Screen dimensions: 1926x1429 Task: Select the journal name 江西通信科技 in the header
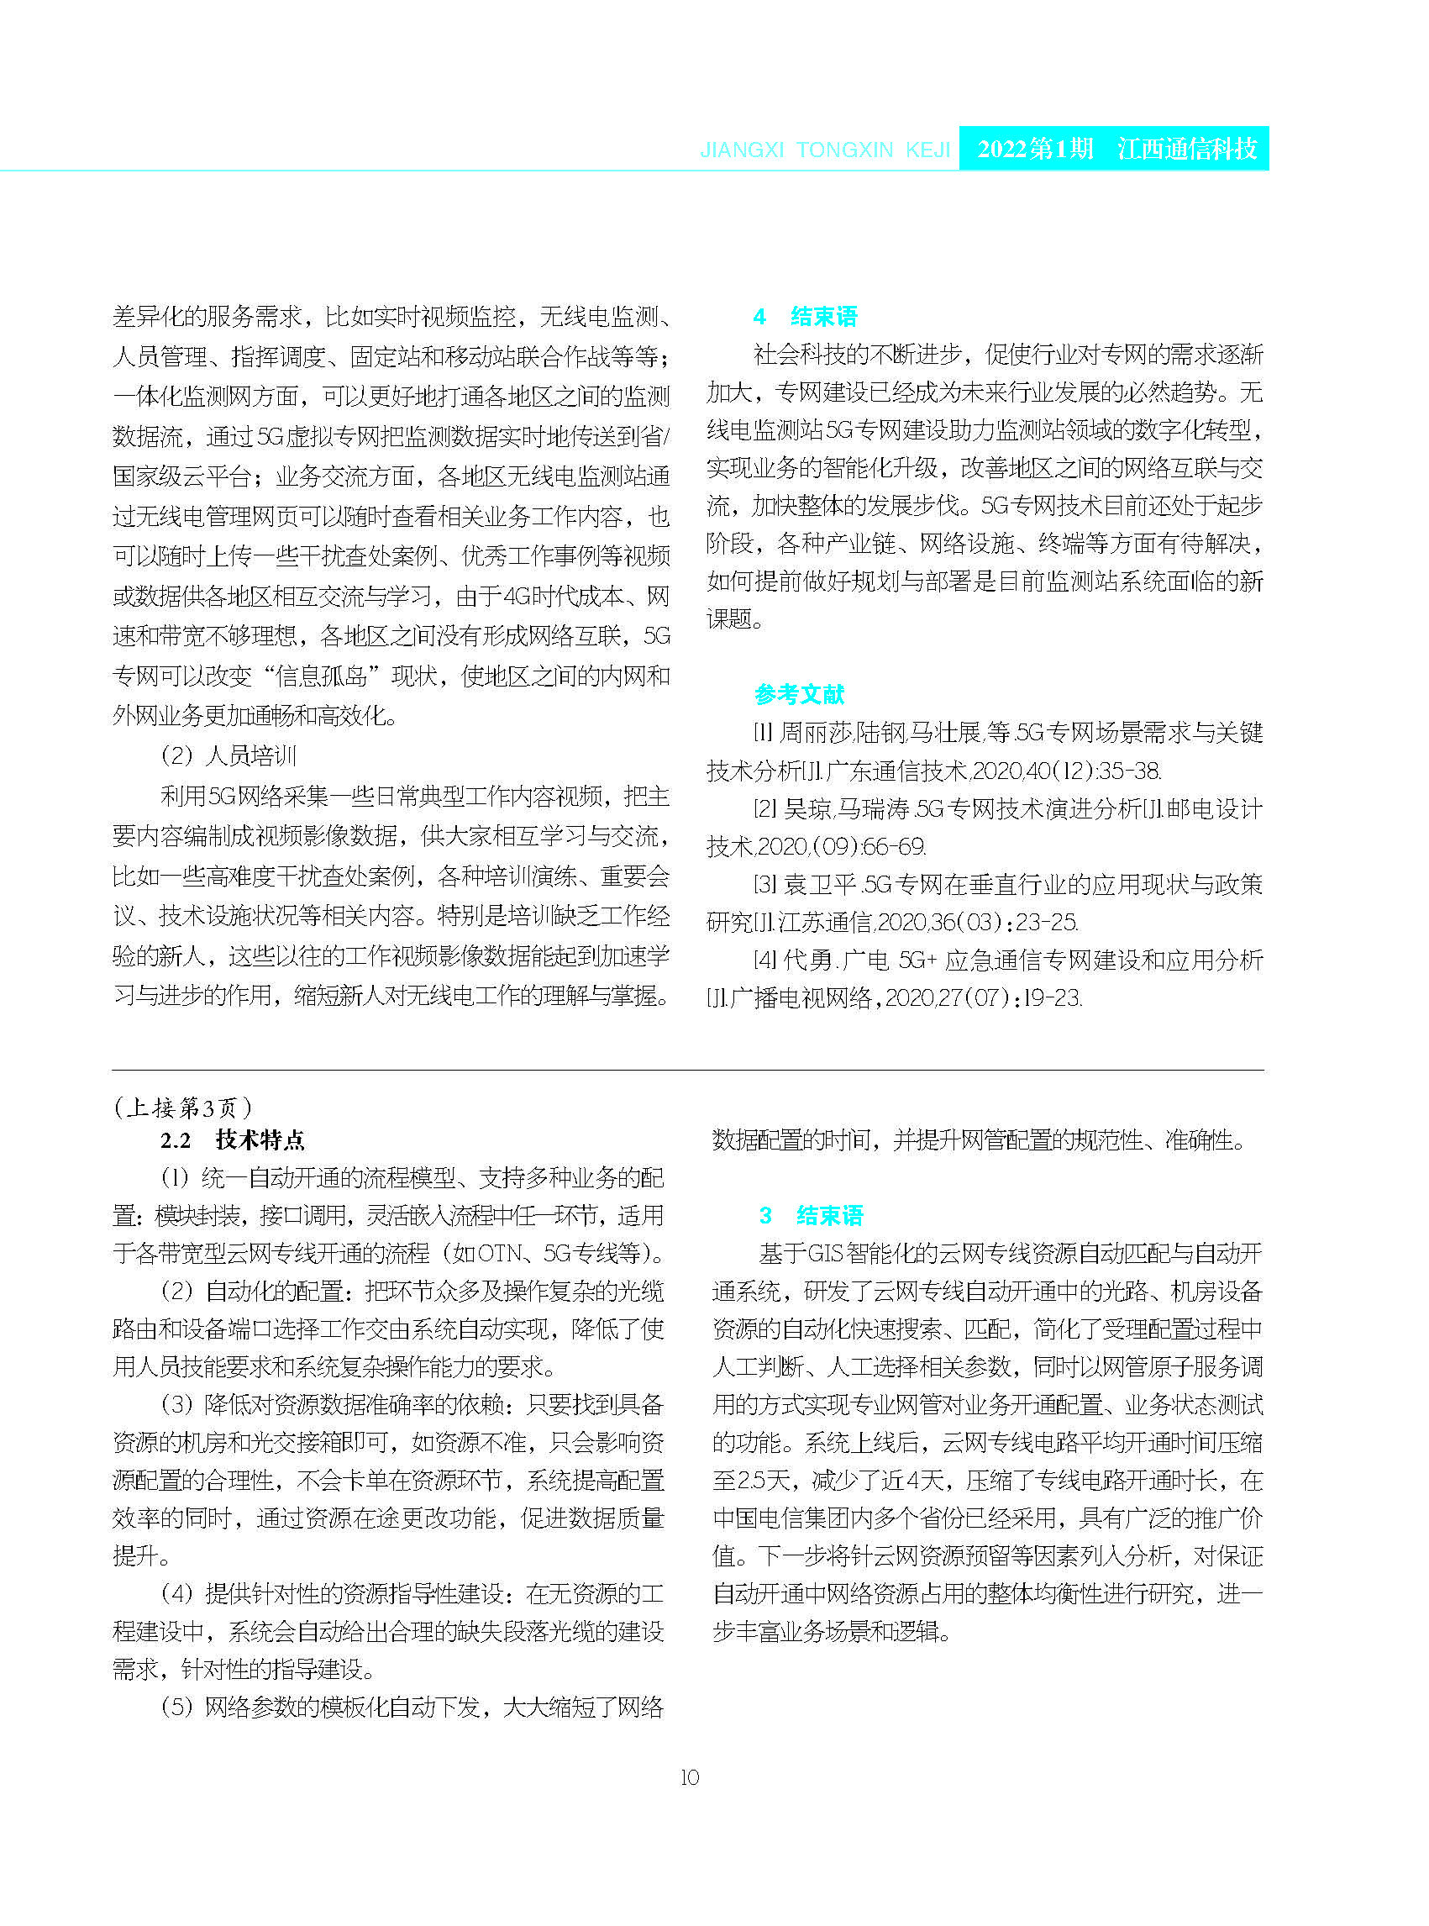pyautogui.click(x=1187, y=149)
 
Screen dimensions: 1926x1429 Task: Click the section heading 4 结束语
pyautogui.click(x=806, y=317)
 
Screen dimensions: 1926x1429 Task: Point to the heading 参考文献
pyautogui.click(x=799, y=694)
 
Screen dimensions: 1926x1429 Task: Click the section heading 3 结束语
pyautogui.click(x=812, y=1216)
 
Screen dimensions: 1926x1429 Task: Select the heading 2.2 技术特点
pyautogui.click(x=233, y=1139)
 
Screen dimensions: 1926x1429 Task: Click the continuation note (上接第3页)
pyautogui.click(x=182, y=1107)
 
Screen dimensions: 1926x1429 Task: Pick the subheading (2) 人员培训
pyautogui.click(x=229, y=755)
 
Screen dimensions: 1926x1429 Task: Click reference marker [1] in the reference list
pyautogui.click(x=762, y=733)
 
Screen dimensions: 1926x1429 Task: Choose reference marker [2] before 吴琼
pyautogui.click(x=764, y=809)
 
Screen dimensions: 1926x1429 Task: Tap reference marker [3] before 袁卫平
pyautogui.click(x=764, y=884)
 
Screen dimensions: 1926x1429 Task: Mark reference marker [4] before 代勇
pyautogui.click(x=764, y=960)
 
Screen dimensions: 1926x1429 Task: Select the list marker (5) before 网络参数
pyautogui.click(x=177, y=1707)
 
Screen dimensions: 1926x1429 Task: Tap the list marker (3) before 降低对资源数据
pyautogui.click(x=177, y=1404)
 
